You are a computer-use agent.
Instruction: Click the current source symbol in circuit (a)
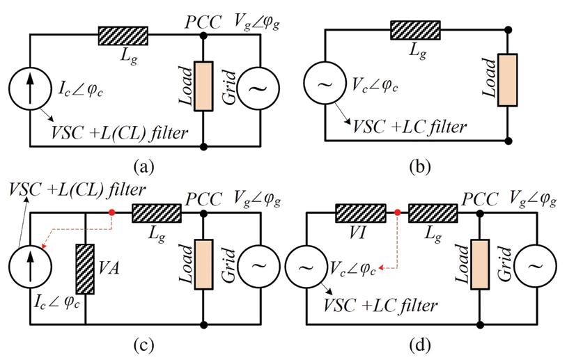(x=30, y=88)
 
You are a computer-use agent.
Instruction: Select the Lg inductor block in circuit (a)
(x=123, y=36)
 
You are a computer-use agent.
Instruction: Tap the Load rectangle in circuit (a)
(x=203, y=86)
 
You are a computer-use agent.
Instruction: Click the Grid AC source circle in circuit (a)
(x=258, y=88)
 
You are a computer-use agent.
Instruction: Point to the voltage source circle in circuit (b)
(x=325, y=83)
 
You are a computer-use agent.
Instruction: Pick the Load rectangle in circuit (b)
(x=508, y=80)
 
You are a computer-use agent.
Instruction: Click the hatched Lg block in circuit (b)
(x=415, y=30)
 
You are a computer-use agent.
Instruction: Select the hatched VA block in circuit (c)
(x=85, y=269)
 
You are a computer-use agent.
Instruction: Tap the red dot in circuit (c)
(x=111, y=212)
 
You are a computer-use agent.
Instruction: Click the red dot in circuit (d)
(x=398, y=212)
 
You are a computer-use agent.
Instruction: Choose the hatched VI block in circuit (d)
(x=360, y=213)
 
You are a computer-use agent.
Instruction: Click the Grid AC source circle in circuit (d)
(x=536, y=265)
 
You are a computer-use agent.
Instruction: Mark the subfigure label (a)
(x=143, y=166)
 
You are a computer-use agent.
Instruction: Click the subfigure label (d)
(x=420, y=345)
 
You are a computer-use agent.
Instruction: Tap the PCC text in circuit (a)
(x=203, y=22)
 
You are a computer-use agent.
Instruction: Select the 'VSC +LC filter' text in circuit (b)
(x=410, y=127)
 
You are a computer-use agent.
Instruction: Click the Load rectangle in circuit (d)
(x=480, y=264)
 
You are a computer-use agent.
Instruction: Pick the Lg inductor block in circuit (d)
(x=433, y=213)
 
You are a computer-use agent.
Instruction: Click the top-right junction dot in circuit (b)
(x=508, y=30)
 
